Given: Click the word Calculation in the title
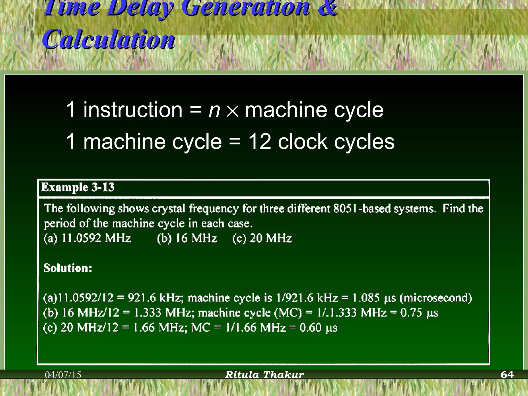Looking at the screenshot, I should coord(109,39).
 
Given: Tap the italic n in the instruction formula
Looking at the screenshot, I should coord(214,110).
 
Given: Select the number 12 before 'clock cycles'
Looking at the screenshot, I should coord(260,142).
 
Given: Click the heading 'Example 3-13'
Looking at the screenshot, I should coord(78,187).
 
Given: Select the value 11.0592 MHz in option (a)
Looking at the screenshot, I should coord(96,238).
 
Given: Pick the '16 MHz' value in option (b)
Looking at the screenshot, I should coord(196,238).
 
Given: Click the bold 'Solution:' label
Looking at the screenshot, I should coord(68,268).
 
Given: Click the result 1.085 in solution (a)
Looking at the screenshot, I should coord(366,298).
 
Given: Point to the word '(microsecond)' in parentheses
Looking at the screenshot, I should coord(436,298).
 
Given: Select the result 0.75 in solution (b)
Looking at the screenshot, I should coord(411,313).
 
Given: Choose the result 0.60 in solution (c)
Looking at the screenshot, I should coord(310,328).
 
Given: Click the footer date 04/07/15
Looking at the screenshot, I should coord(63,375).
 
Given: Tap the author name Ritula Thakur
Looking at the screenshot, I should coord(265,375).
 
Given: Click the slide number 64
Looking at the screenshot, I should coord(507,375).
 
